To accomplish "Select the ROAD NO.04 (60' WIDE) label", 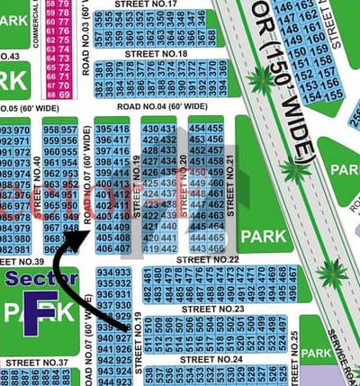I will [157, 106].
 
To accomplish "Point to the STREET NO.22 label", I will [207, 259].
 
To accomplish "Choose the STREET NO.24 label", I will [211, 359].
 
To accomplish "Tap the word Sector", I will [40, 279].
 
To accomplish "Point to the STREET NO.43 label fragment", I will [11, 57].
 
